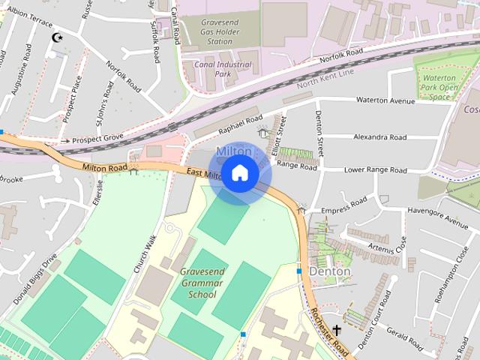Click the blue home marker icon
click(239, 173)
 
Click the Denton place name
click(330, 271)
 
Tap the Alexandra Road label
click(380, 137)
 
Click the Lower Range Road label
click(375, 170)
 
